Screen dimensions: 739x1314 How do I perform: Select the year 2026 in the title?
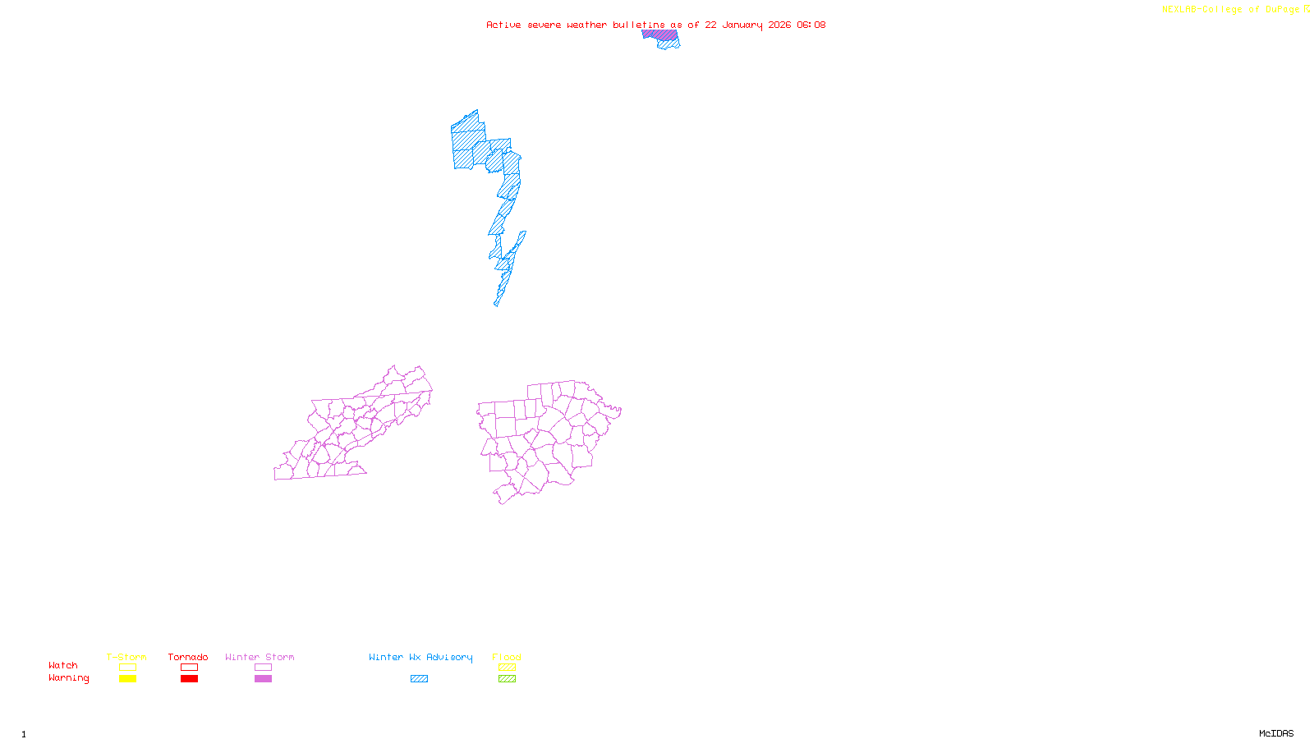coord(779,25)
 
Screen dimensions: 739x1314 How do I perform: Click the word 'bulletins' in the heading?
coord(639,25)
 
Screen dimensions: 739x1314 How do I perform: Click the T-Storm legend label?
coord(126,657)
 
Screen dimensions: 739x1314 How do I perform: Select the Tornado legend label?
coord(188,657)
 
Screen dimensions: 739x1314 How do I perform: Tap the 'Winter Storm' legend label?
coord(260,657)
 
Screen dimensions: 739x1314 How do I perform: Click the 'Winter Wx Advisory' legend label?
coord(420,657)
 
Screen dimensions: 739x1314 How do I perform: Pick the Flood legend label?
coord(507,657)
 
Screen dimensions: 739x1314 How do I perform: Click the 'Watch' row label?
coord(63,665)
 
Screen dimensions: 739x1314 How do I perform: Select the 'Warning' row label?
coord(68,678)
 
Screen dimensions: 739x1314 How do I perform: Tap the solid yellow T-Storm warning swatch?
coord(127,679)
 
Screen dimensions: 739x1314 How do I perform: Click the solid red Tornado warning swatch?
coord(189,679)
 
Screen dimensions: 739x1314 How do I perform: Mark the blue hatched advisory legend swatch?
coord(419,679)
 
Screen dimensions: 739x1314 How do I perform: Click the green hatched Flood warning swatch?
coord(507,679)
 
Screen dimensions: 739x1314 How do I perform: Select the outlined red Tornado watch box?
coord(189,668)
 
